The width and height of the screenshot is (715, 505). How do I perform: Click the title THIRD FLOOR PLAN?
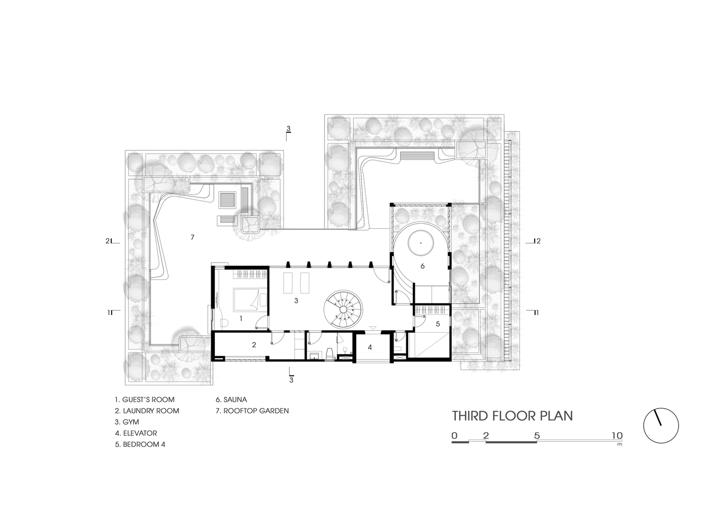pos(512,416)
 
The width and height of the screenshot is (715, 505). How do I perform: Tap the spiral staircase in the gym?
pos(343,310)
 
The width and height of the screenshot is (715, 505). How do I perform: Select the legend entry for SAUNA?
pos(231,399)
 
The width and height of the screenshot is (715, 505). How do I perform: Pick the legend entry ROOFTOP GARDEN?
pos(252,411)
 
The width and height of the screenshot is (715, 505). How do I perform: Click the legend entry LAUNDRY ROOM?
pos(147,411)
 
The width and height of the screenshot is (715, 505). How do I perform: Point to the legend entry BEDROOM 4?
pos(140,444)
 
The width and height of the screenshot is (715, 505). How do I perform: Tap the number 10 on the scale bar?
pos(617,435)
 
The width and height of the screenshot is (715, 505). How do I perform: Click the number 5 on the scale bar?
pos(537,435)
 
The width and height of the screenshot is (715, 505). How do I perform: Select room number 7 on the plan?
pos(192,237)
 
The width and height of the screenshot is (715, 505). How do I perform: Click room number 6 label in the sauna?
pos(422,266)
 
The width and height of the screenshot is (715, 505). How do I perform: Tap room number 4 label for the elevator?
pos(370,347)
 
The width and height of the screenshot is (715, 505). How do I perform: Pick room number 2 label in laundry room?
pos(254,345)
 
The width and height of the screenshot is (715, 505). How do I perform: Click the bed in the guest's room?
pos(250,299)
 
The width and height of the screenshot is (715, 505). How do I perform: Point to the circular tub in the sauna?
pos(421,243)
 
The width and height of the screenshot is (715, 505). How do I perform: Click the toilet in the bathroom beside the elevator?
pos(330,353)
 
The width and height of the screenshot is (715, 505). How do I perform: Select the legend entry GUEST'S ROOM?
pos(145,399)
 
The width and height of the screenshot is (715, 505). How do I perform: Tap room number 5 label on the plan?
pos(438,324)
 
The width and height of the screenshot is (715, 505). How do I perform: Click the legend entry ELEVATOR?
pos(136,433)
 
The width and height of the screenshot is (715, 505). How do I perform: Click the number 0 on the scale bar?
pos(455,435)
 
